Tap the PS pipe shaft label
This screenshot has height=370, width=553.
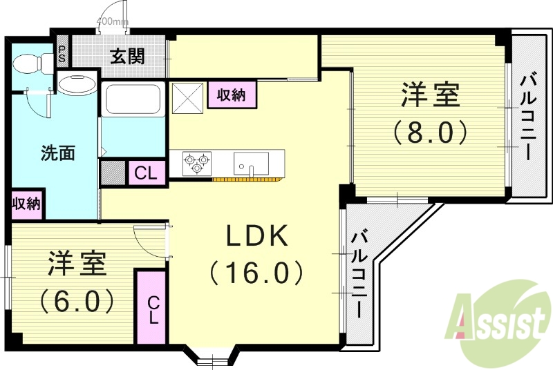click(62, 54)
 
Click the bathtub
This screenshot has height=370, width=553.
click(133, 99)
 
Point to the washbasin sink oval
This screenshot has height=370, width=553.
click(77, 85)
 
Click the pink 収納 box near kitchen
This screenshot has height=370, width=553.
click(232, 95)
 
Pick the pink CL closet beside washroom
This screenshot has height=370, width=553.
click(147, 173)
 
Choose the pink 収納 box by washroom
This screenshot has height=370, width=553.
click(26, 204)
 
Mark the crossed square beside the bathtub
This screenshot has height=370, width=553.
click(187, 96)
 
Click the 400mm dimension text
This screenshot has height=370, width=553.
click(112, 21)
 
